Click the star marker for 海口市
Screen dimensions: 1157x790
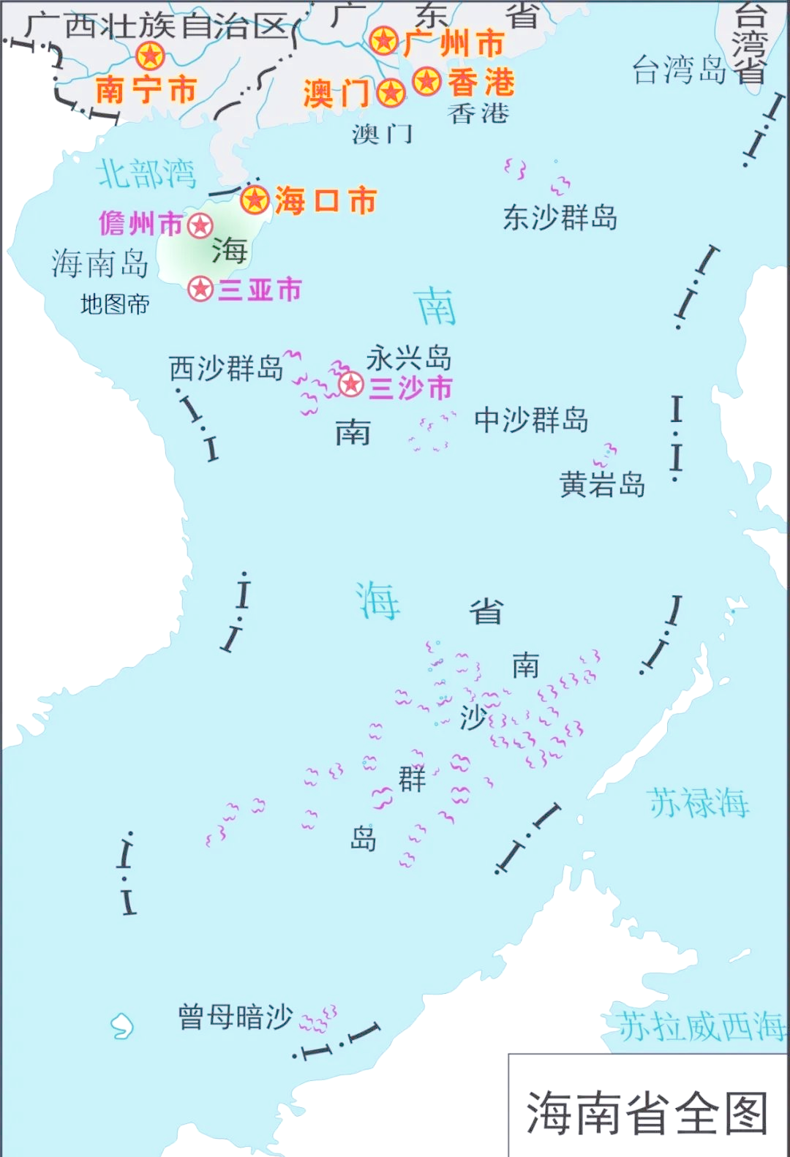255,200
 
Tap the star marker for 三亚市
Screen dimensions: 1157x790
200,289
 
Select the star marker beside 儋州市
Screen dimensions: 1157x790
200,225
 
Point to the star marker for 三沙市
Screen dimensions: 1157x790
351,384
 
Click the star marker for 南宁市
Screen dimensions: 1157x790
150,56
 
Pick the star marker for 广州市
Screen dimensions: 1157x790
383,41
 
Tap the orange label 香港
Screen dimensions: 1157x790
481,82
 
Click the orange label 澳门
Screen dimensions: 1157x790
336,94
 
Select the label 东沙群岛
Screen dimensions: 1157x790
560,217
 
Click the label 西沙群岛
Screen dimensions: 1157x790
226,368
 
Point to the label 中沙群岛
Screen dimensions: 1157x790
531,420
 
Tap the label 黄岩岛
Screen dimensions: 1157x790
602,484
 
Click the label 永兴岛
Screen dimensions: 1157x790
409,358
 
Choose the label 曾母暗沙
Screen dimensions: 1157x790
236,1017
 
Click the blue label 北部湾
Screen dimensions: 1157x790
146,174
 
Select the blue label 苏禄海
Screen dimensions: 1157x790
699,803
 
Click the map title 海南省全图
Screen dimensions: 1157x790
647,1112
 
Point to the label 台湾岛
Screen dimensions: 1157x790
679,70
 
